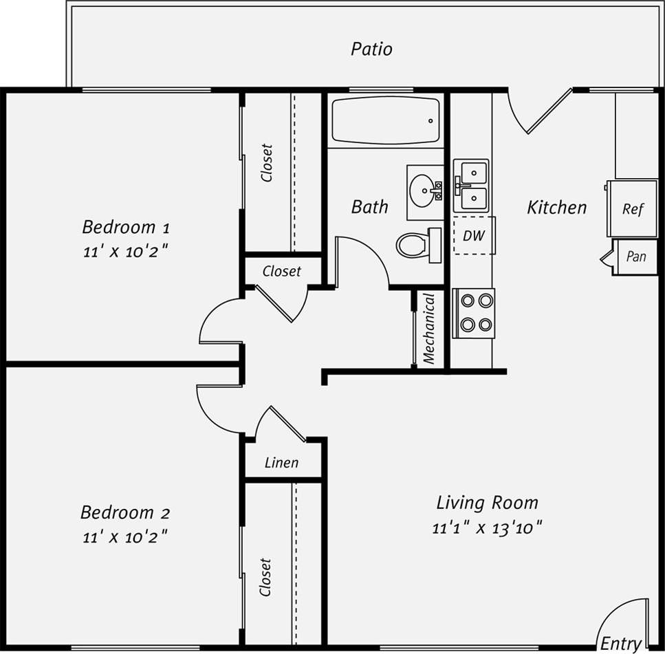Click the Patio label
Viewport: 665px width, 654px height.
[x=371, y=50]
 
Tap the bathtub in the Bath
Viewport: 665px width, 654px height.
[x=385, y=120]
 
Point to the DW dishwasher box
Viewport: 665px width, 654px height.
[x=474, y=236]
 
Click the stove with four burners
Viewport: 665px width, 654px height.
[x=474, y=313]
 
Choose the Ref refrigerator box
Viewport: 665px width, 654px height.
[x=632, y=209]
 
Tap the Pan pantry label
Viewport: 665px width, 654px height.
[x=636, y=257]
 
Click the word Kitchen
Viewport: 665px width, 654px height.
[x=556, y=207]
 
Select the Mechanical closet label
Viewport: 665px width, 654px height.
[x=429, y=329]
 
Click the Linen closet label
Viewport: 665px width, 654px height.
[x=282, y=463]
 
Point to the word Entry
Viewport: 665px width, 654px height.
[x=621, y=644]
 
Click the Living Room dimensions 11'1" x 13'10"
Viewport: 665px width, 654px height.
[x=488, y=528]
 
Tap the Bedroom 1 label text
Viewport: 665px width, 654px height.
[x=126, y=226]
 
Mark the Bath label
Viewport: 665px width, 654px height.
[x=369, y=206]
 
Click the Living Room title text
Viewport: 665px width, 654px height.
[x=487, y=503]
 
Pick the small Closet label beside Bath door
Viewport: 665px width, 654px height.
[x=282, y=272]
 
